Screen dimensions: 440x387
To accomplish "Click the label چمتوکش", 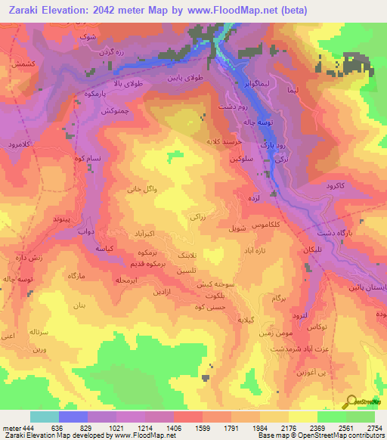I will coord(107,111).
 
